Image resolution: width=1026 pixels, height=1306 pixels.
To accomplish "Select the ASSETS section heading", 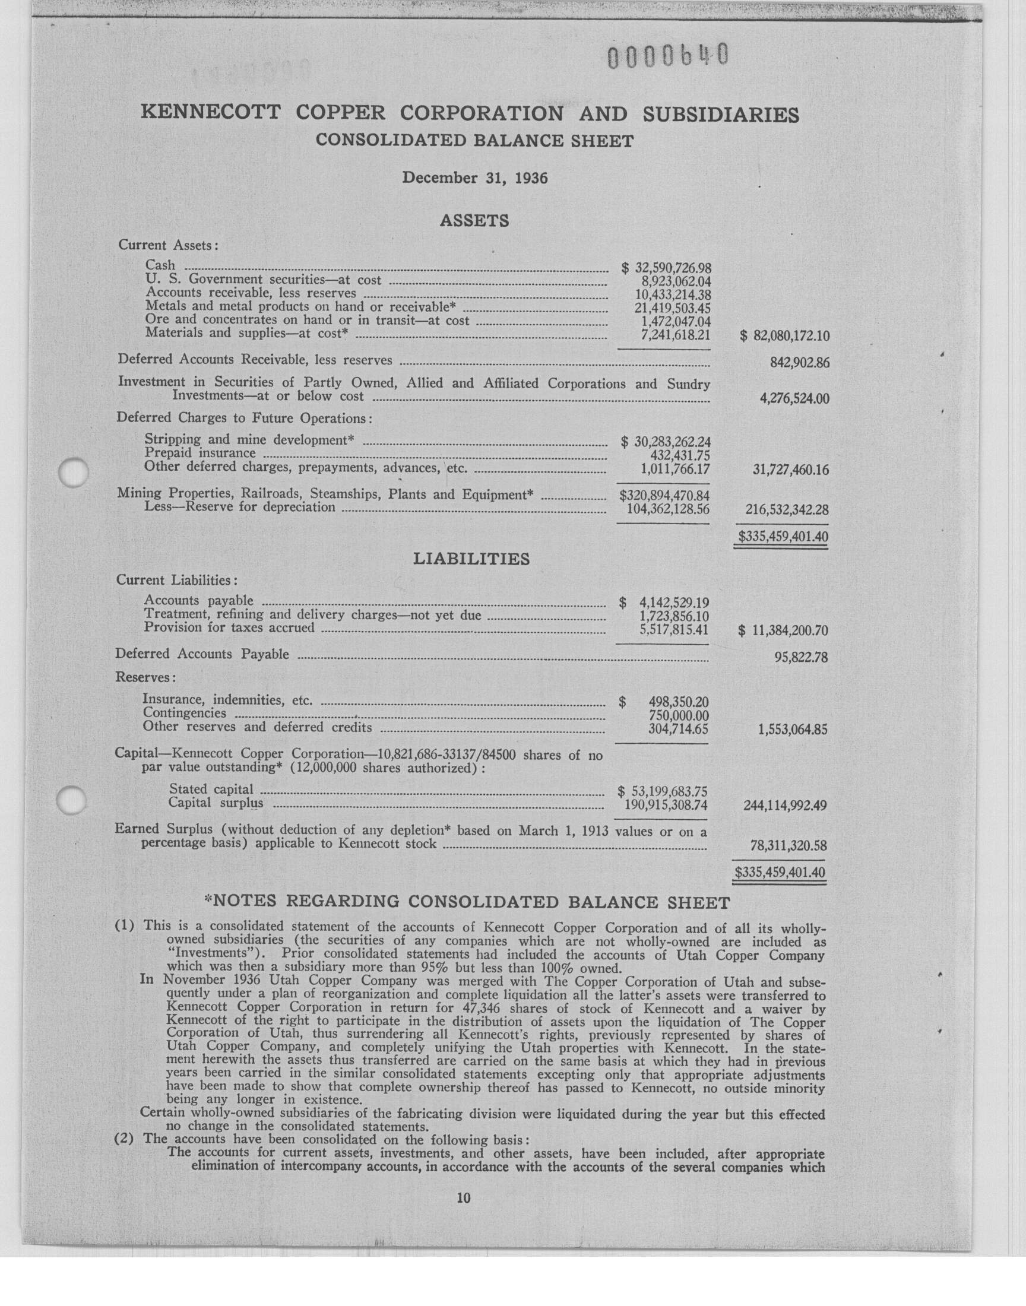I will [x=474, y=221].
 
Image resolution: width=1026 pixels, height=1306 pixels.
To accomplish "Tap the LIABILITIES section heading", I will [x=471, y=559].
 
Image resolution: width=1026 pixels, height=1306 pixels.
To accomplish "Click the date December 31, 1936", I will [x=474, y=178].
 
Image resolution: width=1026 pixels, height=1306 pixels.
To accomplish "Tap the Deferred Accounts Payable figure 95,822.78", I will [x=801, y=658].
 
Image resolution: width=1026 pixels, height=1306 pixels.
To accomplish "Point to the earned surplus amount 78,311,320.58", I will [x=788, y=846].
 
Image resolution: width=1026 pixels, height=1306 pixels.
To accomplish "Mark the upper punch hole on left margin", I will [x=74, y=472].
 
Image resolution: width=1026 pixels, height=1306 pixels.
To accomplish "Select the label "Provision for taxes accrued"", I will [x=229, y=628].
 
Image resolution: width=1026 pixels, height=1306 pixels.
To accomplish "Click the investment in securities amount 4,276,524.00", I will [x=794, y=399].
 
